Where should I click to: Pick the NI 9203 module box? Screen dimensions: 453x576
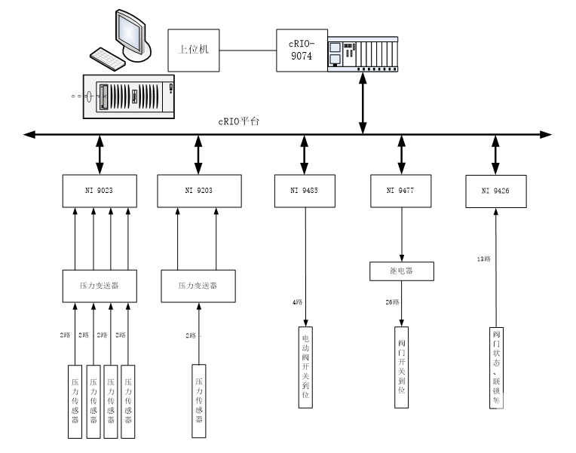tap(199, 190)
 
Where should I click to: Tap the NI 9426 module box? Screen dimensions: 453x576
tap(495, 191)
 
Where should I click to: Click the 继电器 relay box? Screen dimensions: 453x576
tap(401, 271)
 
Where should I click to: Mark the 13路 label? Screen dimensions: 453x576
tap(483, 259)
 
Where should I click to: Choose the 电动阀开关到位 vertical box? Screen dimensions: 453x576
tap(305, 366)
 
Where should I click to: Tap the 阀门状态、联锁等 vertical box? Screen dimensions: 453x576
tap(495, 366)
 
